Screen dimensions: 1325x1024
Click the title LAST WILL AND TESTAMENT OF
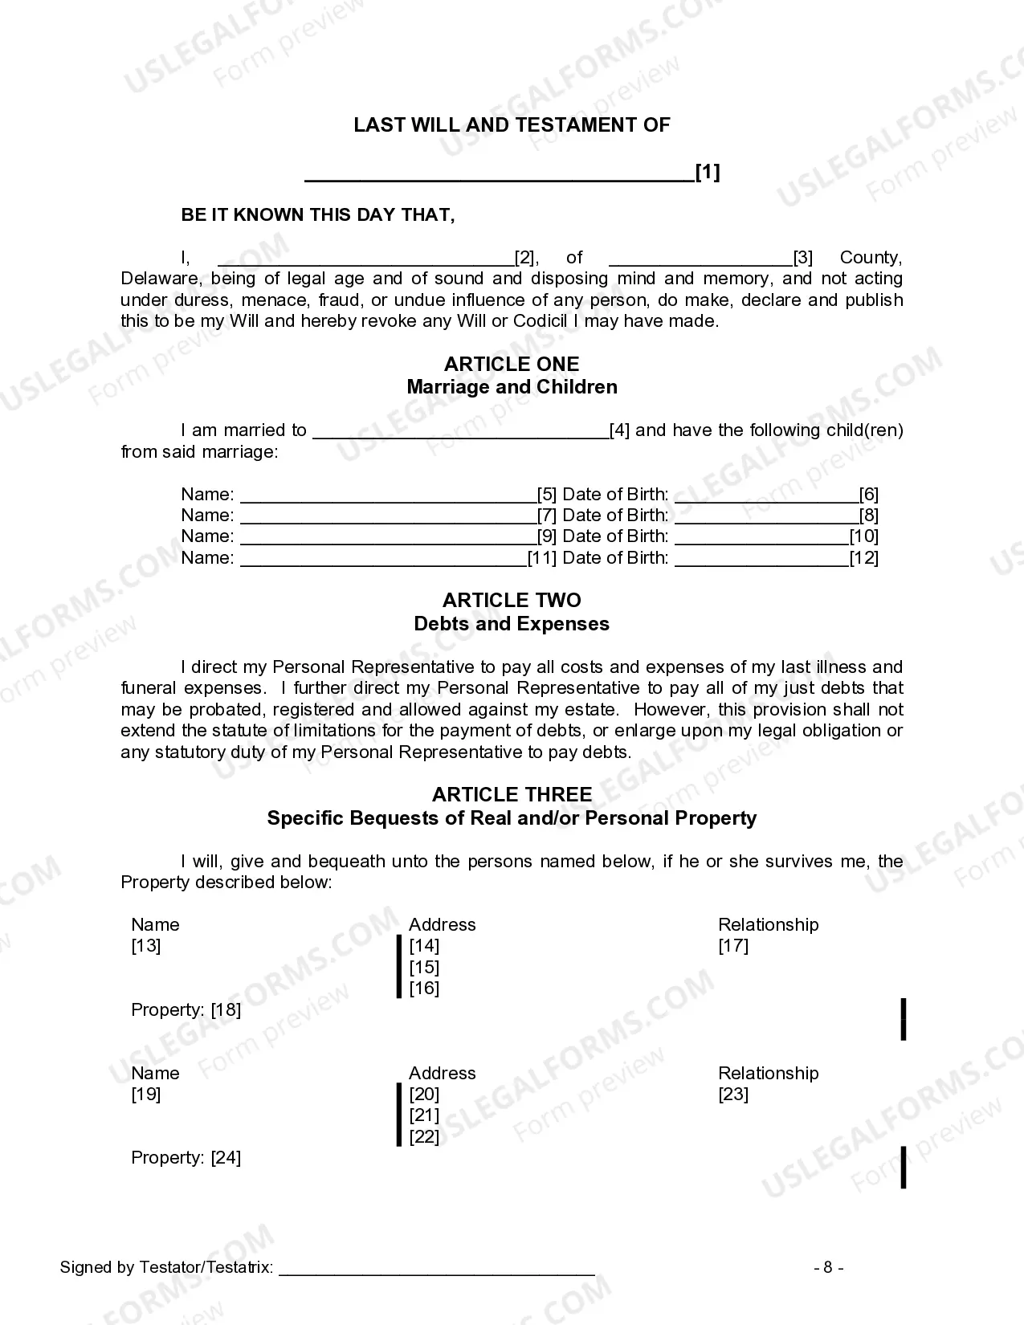pos(512,124)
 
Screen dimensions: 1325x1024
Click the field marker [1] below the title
pos(708,172)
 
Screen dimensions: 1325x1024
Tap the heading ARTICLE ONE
pos(512,364)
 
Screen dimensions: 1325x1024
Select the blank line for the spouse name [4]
pos(460,431)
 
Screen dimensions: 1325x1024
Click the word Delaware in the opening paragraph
pos(159,279)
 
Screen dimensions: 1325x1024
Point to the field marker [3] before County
pos(803,258)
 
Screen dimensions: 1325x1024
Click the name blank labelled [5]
pos(388,495)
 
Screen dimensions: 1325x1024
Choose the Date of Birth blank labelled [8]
pos(766,516)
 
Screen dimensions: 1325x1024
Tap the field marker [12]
pos(864,558)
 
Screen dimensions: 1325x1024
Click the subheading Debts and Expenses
pos(512,624)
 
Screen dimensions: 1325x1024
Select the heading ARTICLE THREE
pos(512,795)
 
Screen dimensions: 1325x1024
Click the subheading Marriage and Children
pos(512,387)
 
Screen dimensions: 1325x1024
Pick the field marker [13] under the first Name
pos(146,946)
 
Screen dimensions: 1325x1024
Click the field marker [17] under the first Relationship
pos(733,946)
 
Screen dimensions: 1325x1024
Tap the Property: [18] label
pos(186,1010)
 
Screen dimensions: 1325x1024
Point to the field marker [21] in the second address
pos(424,1115)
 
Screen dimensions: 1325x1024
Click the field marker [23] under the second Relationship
pos(733,1095)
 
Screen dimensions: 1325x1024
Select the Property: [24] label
pos(186,1158)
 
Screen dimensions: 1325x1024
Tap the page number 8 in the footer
pos(828,1268)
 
